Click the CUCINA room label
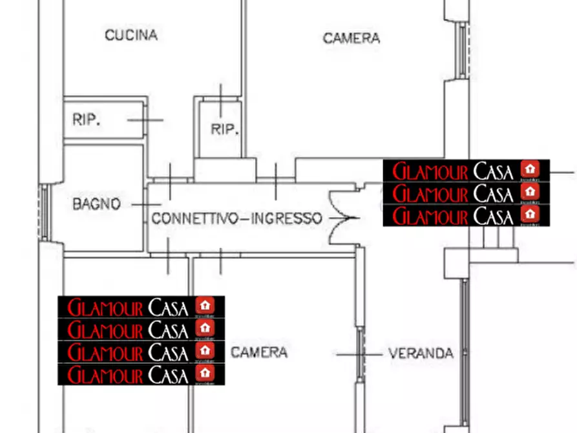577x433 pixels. coord(131,35)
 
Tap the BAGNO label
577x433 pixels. coord(96,205)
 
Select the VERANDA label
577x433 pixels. coord(421,354)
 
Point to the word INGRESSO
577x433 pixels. coord(286,219)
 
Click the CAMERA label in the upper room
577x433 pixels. coord(351,39)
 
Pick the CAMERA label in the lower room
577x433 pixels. coord(259,353)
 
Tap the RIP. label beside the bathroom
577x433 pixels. coord(86,120)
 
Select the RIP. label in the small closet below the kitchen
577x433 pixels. coord(225,129)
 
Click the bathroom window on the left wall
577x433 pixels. coord(44,213)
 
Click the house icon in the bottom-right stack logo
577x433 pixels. coord(530,214)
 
